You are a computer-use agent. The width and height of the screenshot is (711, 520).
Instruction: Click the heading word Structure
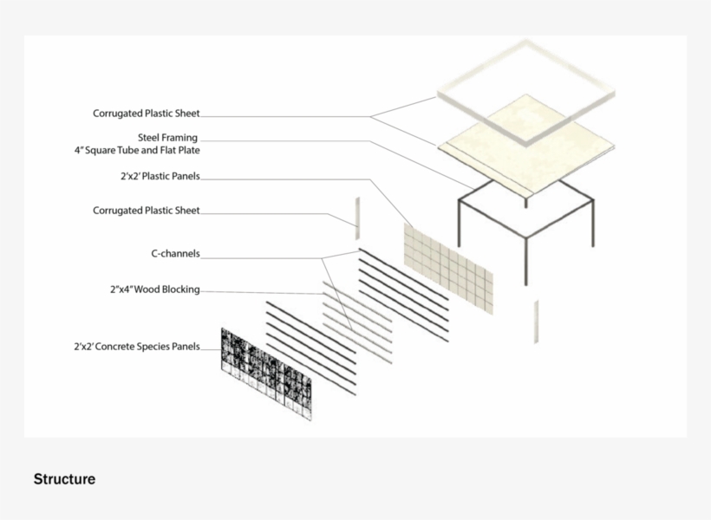click(x=64, y=479)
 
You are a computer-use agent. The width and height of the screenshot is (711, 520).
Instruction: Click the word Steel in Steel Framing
click(x=150, y=138)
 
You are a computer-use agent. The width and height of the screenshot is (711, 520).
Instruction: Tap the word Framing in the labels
click(x=181, y=138)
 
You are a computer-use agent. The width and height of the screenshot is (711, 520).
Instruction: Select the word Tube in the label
click(x=127, y=150)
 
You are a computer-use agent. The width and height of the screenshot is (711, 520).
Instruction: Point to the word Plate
click(x=188, y=150)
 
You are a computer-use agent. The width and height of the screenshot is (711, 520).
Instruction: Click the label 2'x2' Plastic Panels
click(x=160, y=176)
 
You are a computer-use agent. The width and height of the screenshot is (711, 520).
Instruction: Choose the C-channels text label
click(x=175, y=253)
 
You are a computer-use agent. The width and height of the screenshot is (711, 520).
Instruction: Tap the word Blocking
click(x=180, y=289)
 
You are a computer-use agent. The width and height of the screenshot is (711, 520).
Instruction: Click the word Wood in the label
click(x=147, y=289)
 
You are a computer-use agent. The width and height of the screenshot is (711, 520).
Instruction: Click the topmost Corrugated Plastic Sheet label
click(x=146, y=114)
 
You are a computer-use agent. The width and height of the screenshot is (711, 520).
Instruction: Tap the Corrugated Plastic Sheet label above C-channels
click(x=146, y=211)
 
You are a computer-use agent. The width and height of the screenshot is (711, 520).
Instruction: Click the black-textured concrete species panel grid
click(x=266, y=374)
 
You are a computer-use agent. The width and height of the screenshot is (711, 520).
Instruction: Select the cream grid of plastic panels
click(x=448, y=269)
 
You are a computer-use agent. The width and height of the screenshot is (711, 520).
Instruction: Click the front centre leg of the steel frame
click(x=526, y=261)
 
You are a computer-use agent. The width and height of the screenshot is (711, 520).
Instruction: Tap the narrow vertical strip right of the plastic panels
click(x=536, y=322)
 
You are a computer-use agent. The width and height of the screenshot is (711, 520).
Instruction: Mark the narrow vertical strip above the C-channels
click(x=357, y=218)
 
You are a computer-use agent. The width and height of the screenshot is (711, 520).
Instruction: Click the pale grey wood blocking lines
click(x=357, y=322)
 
